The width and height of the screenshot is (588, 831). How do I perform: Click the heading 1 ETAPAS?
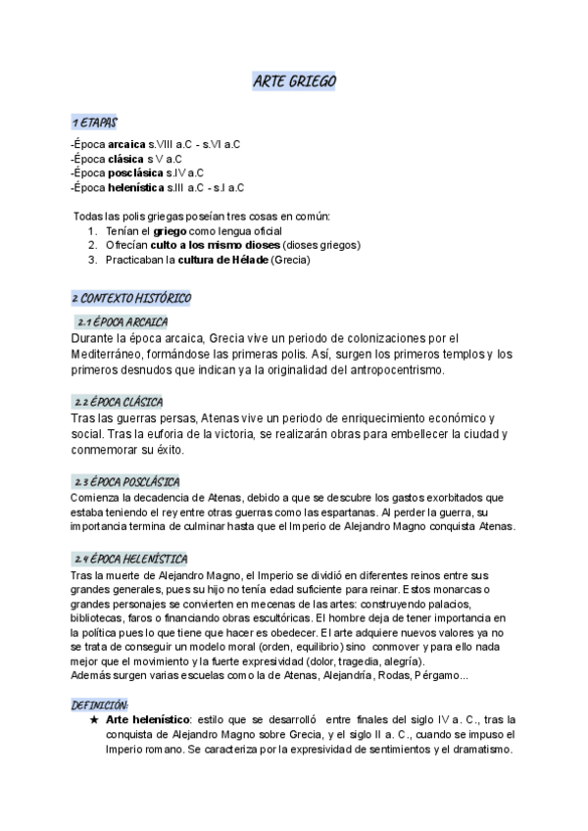click(94, 122)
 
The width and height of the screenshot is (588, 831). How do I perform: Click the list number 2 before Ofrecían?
click(91, 244)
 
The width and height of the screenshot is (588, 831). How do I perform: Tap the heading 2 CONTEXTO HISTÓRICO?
click(131, 297)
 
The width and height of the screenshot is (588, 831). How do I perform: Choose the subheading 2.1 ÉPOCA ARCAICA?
click(122, 320)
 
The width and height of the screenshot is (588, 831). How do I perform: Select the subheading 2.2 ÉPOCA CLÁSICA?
click(119, 402)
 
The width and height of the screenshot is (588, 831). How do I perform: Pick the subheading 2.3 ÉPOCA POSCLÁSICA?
click(126, 482)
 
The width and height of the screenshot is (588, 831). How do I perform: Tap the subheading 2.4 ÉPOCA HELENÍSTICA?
click(130, 559)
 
